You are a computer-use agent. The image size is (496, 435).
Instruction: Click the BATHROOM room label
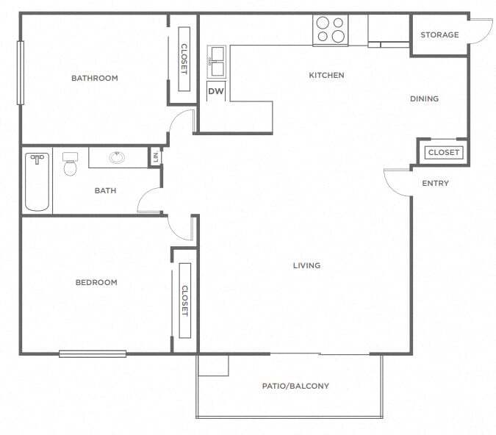pyautogui.click(x=94, y=78)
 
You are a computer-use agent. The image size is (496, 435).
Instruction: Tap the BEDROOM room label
pyautogui.click(x=96, y=282)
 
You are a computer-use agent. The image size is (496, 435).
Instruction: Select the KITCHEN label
pyautogui.click(x=326, y=75)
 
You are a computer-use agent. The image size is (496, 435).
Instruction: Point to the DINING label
pyautogui.click(x=425, y=98)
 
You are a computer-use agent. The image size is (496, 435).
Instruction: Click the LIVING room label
pyautogui.click(x=306, y=265)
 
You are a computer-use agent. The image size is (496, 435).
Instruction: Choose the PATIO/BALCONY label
pyautogui.click(x=295, y=386)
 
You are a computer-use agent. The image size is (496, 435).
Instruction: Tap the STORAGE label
pyautogui.click(x=439, y=35)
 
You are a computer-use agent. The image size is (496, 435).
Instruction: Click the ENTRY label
pyautogui.click(x=435, y=183)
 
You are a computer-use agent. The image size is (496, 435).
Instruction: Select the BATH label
pyautogui.click(x=105, y=191)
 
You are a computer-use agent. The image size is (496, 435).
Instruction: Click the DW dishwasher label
pyautogui.click(x=215, y=91)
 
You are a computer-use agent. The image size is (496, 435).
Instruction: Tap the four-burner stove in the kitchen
pyautogui.click(x=330, y=29)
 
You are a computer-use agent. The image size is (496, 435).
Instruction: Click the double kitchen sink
pyautogui.click(x=216, y=62)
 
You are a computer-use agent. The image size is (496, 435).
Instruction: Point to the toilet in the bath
pyautogui.click(x=71, y=165)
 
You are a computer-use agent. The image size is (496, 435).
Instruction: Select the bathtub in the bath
pyautogui.click(x=37, y=181)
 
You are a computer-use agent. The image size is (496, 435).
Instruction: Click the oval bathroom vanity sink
pyautogui.click(x=118, y=157)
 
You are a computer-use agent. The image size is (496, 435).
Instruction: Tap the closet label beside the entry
pyautogui.click(x=443, y=153)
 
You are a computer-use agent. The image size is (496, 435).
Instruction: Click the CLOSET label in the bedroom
pyautogui.click(x=184, y=300)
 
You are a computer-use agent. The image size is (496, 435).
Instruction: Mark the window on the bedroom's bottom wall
pyautogui.click(x=93, y=353)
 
